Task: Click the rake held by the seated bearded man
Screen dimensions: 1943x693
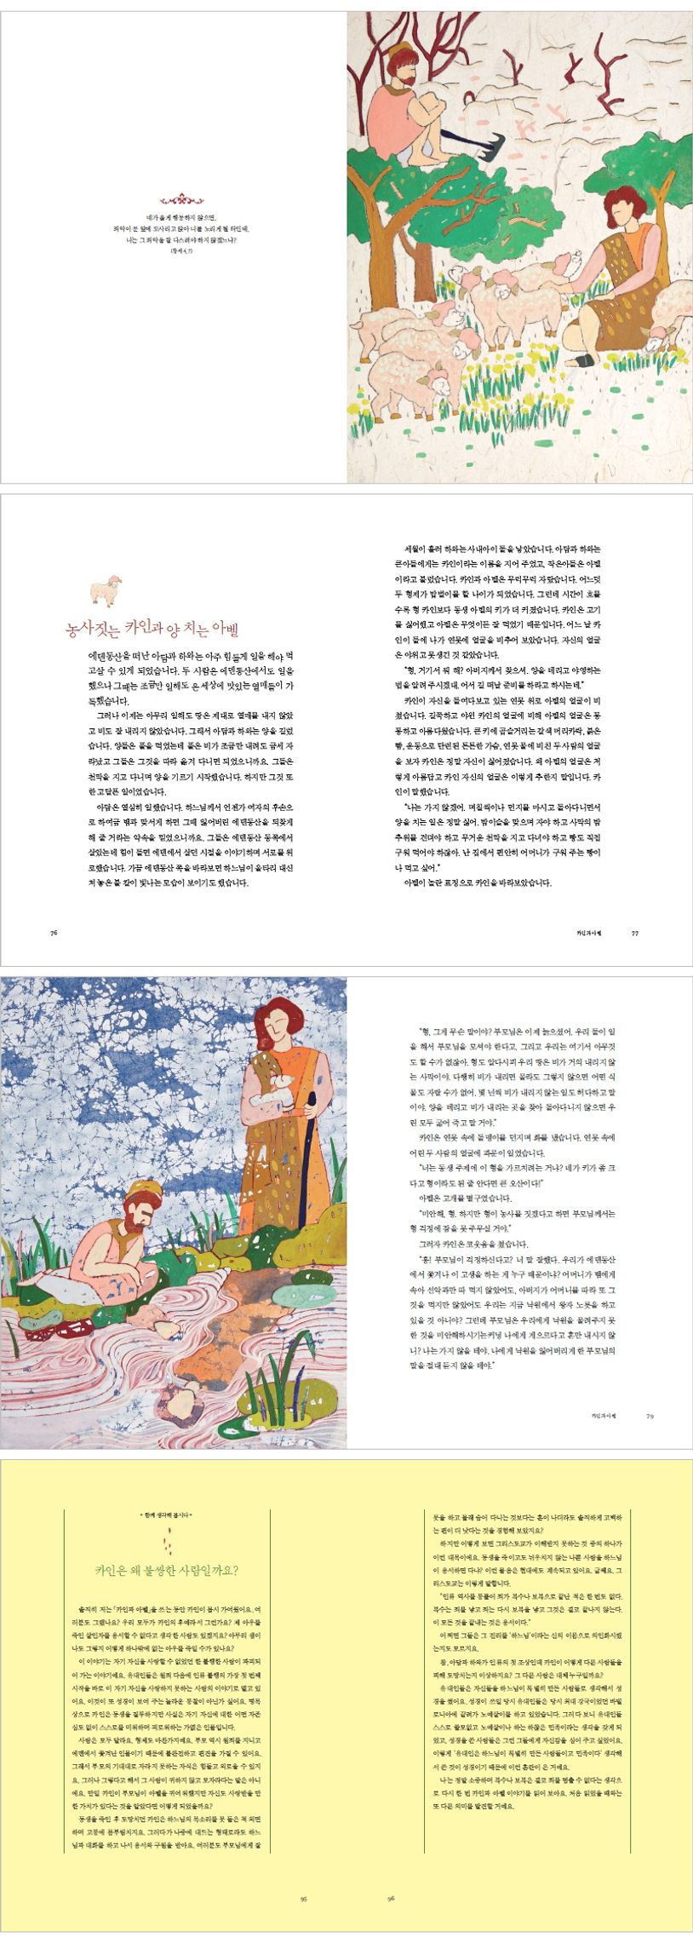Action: click(467, 135)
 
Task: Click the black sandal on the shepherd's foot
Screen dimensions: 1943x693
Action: click(584, 360)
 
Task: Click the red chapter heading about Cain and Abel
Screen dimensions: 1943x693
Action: click(152, 629)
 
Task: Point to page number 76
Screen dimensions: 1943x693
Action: click(54, 933)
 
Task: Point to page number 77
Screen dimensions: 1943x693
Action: click(634, 933)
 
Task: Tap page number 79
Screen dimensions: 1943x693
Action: click(650, 1416)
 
